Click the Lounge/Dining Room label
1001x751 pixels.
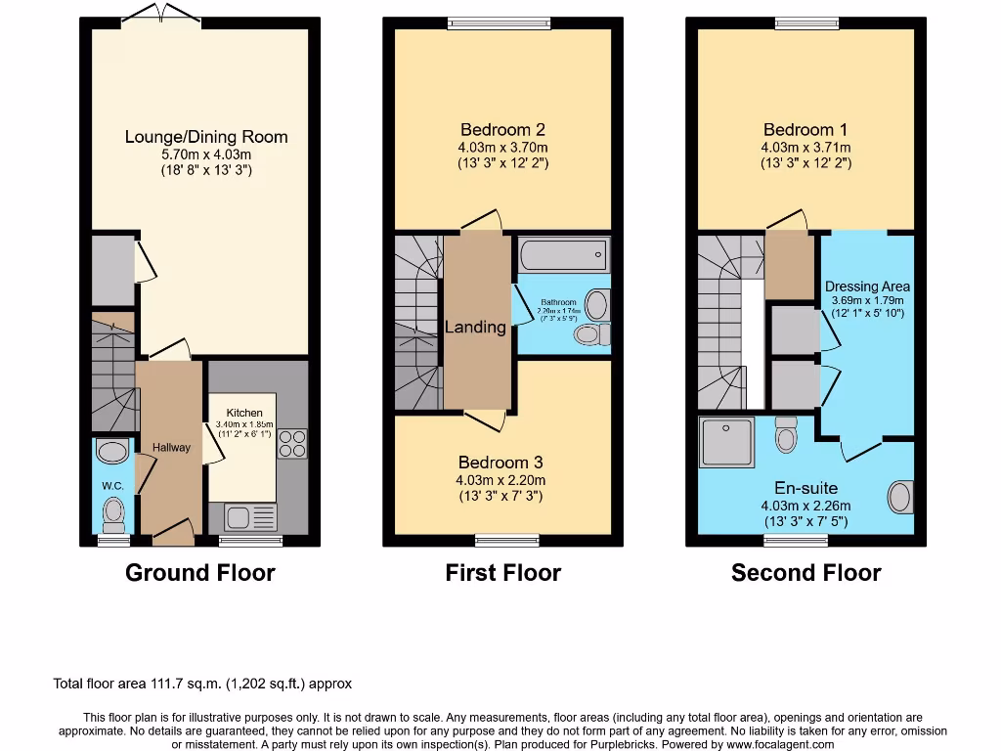point(206,137)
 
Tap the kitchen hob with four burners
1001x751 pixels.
point(291,444)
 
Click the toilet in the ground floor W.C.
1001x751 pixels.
point(114,511)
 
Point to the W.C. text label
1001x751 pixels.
point(112,484)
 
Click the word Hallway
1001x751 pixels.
point(171,447)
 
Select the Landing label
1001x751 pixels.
point(476,327)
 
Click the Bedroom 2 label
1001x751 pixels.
point(502,129)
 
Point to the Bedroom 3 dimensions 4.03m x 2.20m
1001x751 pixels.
point(500,480)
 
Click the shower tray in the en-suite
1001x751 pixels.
point(727,441)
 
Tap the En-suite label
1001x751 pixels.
point(805,488)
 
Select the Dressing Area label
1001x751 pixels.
point(867,287)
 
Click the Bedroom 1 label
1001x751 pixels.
point(805,129)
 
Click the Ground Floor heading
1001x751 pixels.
point(199,573)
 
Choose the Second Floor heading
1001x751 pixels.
point(805,573)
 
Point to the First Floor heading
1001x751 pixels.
point(502,573)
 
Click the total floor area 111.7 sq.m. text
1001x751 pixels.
point(202,685)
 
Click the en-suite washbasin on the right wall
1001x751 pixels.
point(900,496)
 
